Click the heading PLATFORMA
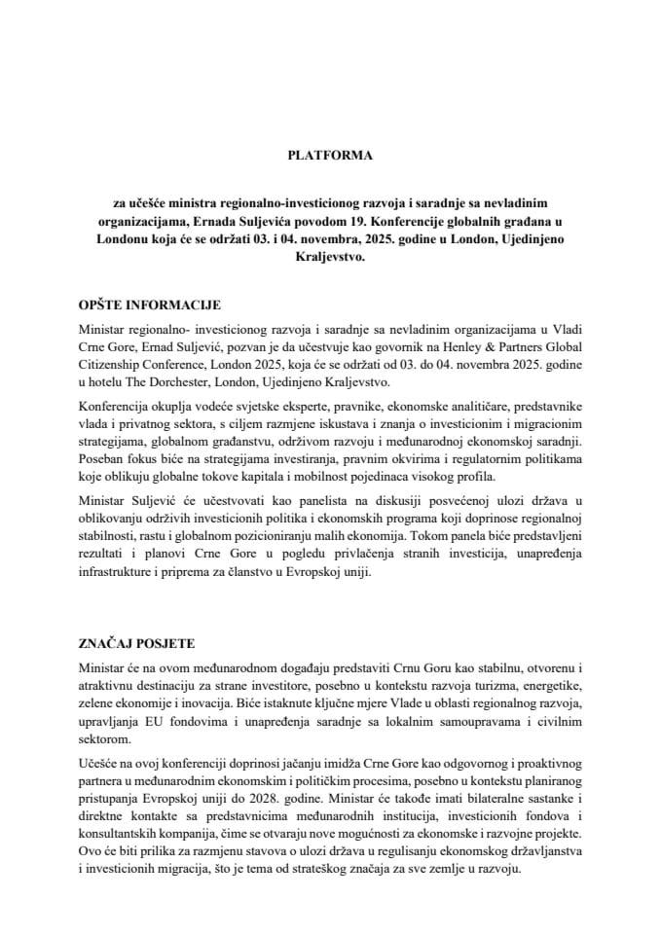[x=330, y=155]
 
